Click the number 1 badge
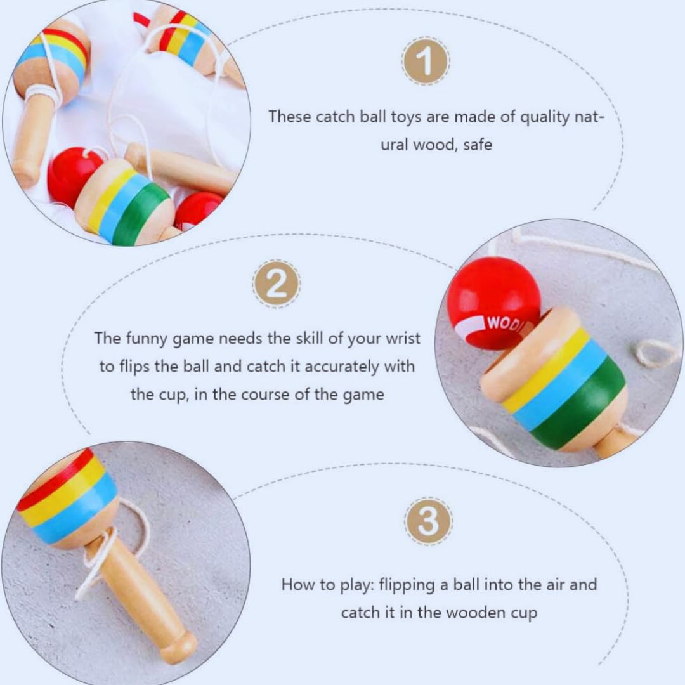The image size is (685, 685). point(425,62)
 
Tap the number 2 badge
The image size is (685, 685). point(276,284)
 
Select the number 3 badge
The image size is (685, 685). point(428,521)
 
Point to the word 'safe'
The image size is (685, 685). point(478,145)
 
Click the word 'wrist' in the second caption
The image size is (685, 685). point(402,339)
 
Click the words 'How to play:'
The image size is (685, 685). point(328,585)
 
